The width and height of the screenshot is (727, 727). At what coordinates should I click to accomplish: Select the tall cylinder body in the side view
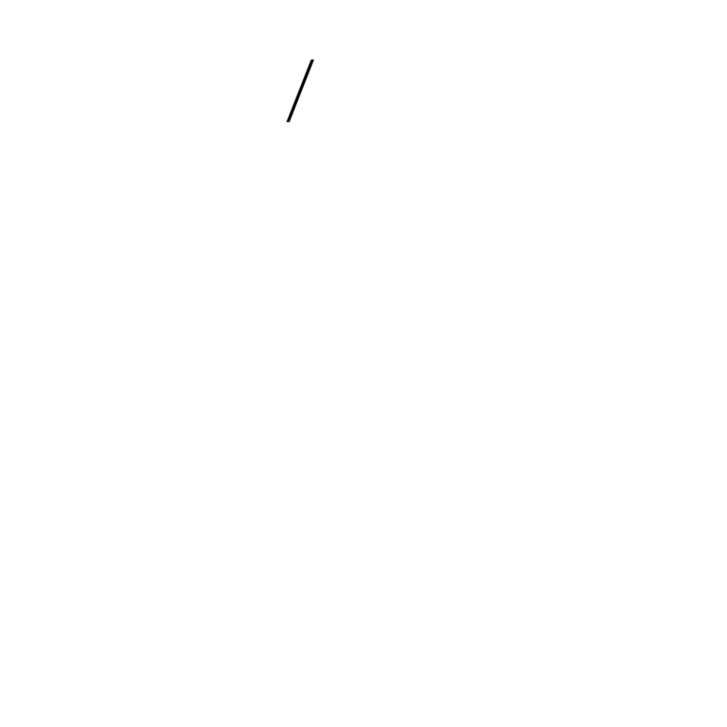pyautogui.click(x=324, y=328)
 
